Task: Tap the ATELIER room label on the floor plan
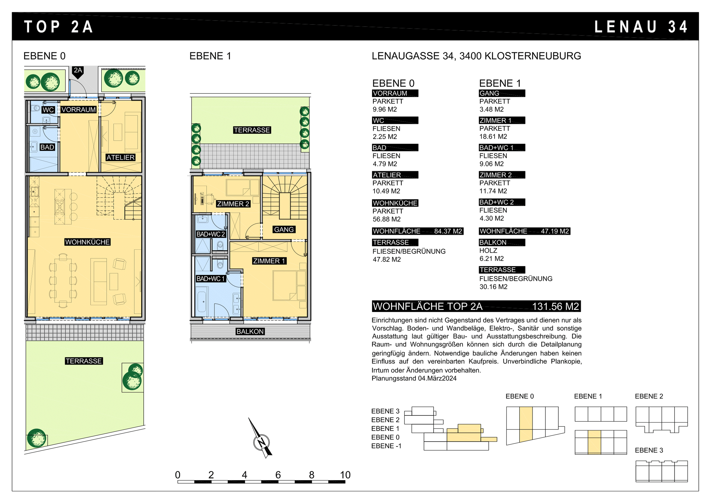pyautogui.click(x=120, y=158)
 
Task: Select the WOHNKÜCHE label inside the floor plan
pyautogui.click(x=87, y=242)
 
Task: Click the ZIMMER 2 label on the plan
pyautogui.click(x=233, y=204)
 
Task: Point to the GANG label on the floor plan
pyautogui.click(x=284, y=230)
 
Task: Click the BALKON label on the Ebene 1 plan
pyautogui.click(x=250, y=331)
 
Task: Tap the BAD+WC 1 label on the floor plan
pyautogui.click(x=211, y=279)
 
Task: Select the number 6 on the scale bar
pyautogui.click(x=278, y=475)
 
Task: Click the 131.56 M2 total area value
pyautogui.click(x=555, y=307)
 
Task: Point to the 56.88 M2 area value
pyautogui.click(x=386, y=219)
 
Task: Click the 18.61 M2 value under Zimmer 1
pyautogui.click(x=493, y=137)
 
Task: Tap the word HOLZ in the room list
pyautogui.click(x=488, y=251)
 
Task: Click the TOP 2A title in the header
pyautogui.click(x=58, y=27)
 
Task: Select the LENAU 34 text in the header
pyautogui.click(x=641, y=27)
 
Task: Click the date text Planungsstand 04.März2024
pyautogui.click(x=414, y=378)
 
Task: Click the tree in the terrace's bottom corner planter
pyautogui.click(x=36, y=438)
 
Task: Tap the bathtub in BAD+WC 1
pyautogui.click(x=202, y=301)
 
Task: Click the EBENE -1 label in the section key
pyautogui.click(x=386, y=446)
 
